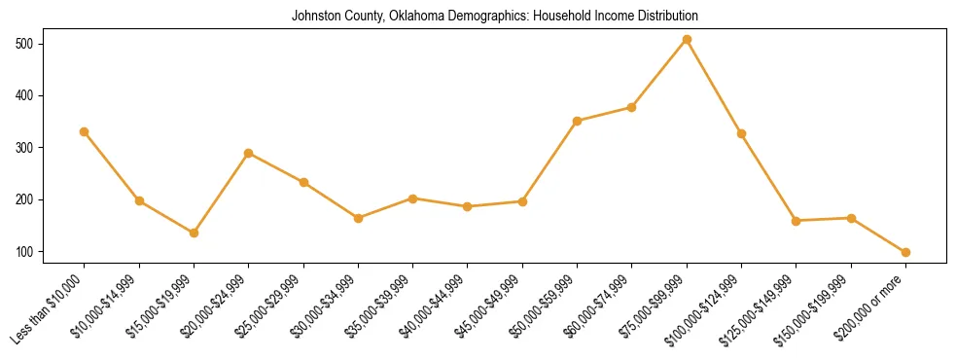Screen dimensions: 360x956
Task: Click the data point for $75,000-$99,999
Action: pos(687,40)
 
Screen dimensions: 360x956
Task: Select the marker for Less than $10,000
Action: pos(85,131)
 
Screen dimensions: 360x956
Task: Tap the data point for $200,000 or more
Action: pos(905,252)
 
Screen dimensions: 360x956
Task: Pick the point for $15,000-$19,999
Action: pos(195,233)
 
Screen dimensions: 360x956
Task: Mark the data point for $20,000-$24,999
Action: pos(249,153)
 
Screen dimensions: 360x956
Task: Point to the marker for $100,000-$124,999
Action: pos(742,133)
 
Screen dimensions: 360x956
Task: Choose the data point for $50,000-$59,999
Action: pos(578,121)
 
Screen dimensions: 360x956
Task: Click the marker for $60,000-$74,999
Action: pos(632,107)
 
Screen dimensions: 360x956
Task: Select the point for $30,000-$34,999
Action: pos(359,218)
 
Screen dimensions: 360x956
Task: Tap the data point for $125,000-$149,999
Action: pos(797,221)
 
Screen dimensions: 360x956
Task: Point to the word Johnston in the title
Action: pos(315,17)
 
